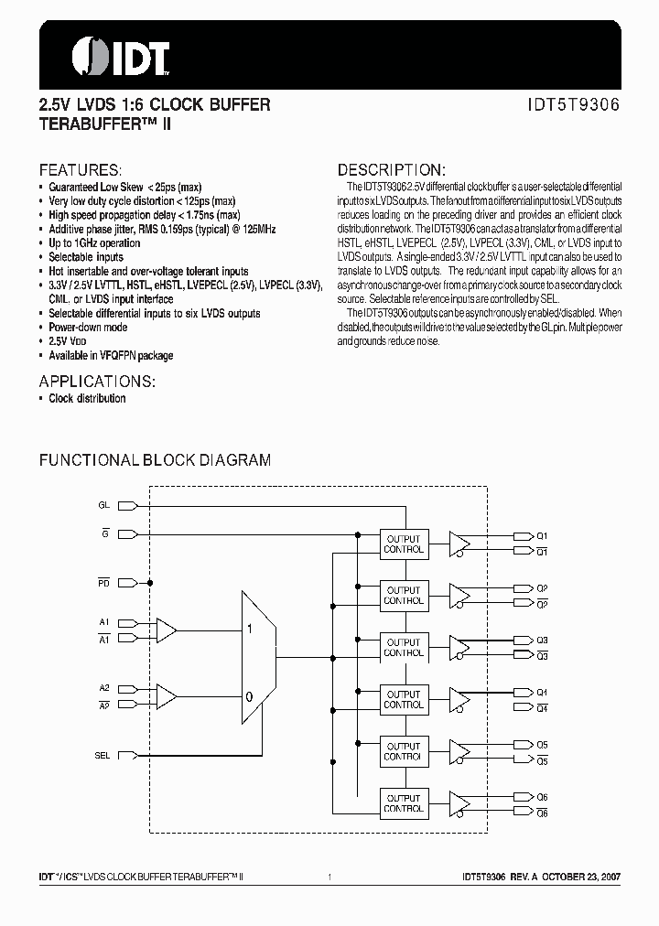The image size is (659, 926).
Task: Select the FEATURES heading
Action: [x=80, y=170]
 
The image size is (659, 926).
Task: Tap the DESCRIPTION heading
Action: [x=392, y=170]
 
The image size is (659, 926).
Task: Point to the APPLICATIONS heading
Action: [x=97, y=381]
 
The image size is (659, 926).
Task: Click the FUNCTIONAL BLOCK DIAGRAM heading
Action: [x=155, y=460]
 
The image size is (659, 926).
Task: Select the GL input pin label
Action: [x=103, y=505]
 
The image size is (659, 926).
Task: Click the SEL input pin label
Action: [x=103, y=755]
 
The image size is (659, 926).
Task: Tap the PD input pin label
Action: [x=103, y=582]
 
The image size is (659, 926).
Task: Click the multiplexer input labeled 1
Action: [x=248, y=630]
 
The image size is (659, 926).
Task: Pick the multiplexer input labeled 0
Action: [x=248, y=696]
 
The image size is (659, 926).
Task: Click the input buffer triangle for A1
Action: [x=167, y=630]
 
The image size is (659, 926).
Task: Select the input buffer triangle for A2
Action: [x=167, y=696]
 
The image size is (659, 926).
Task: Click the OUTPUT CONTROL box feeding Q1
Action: [x=404, y=544]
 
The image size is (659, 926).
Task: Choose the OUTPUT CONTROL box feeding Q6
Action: [x=404, y=803]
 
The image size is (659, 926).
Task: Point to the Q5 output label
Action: [x=542, y=744]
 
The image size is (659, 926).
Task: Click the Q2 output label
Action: [x=542, y=587]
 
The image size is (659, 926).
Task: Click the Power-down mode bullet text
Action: [x=88, y=327]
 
